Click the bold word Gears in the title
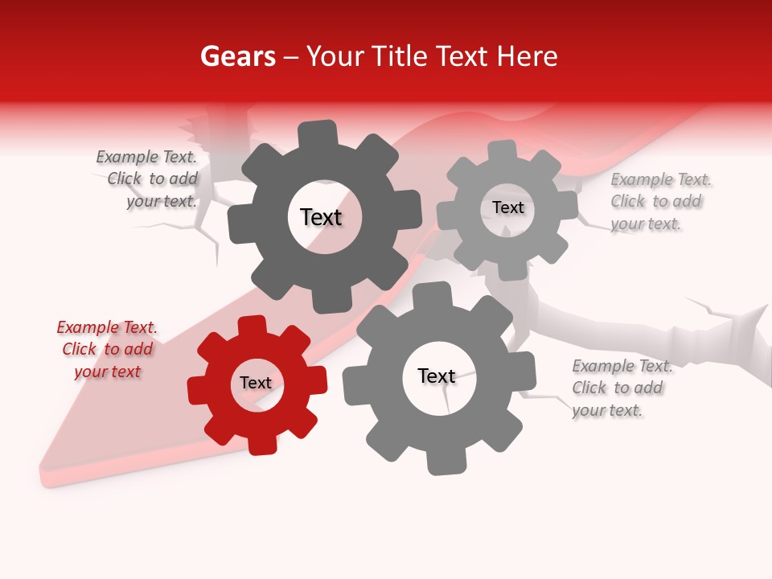[x=237, y=56]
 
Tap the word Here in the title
[x=527, y=56]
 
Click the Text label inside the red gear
[x=256, y=384]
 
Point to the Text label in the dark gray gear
[x=321, y=217]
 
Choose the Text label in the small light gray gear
[x=507, y=207]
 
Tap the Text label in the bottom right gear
[x=437, y=376]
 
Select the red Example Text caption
[x=107, y=350]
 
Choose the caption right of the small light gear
[x=660, y=202]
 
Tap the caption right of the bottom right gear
[x=622, y=388]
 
